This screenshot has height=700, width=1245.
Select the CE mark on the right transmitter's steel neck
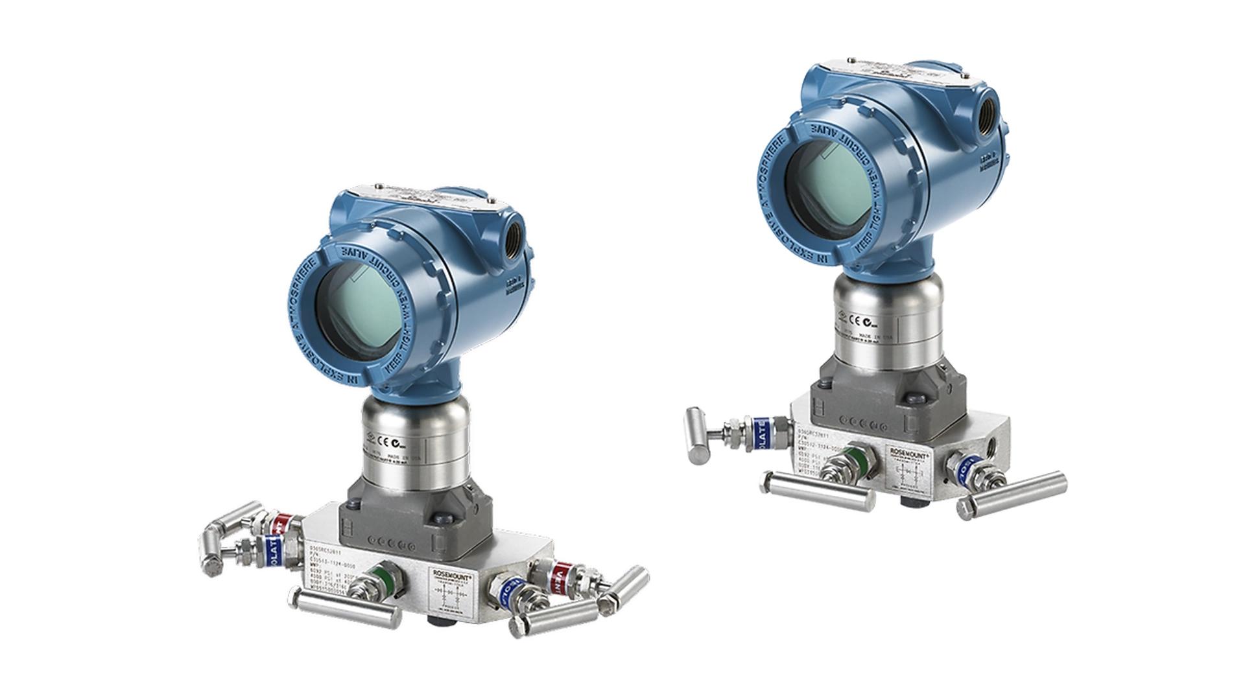click(x=855, y=320)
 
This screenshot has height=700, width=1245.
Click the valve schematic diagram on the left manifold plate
click(x=455, y=595)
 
